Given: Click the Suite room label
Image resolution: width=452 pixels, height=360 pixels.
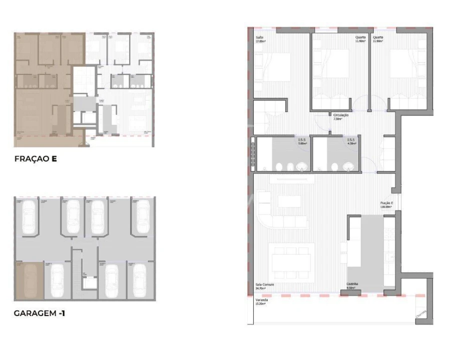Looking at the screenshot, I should tap(259, 37).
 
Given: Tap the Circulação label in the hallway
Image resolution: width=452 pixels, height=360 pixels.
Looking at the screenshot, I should tap(340, 115).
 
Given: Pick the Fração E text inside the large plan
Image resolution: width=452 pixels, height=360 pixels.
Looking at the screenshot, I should tap(386, 202).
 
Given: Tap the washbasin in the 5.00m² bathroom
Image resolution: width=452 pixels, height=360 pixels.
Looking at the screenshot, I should tap(301, 166).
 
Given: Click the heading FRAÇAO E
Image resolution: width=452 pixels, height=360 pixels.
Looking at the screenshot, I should tap(36, 160).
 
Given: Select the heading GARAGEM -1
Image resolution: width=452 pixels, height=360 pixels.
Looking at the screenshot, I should tap(40, 313).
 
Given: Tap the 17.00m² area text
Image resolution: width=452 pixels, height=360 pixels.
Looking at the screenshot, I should tap(261, 41).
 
